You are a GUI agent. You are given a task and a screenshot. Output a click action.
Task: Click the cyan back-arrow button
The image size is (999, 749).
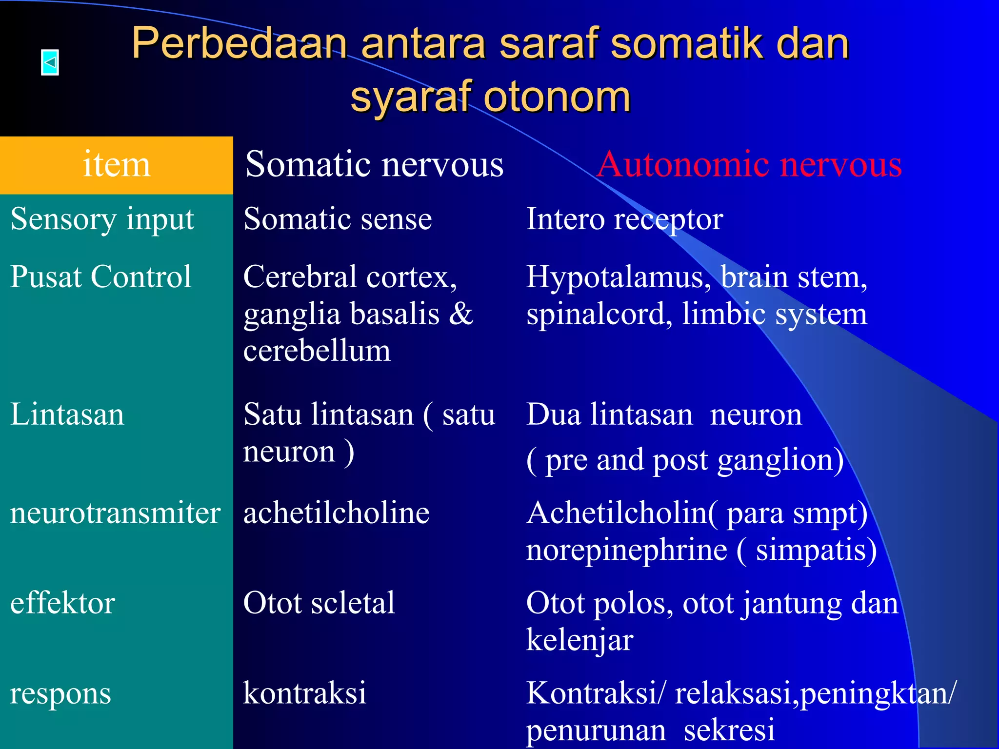[50, 62]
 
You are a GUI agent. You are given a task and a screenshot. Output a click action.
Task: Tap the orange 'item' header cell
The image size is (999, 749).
[116, 164]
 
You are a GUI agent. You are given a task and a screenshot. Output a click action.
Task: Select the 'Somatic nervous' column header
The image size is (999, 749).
[374, 164]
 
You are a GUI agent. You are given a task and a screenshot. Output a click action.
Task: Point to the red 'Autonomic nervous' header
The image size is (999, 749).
[749, 164]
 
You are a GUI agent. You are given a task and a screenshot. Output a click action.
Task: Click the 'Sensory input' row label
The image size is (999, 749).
[102, 219]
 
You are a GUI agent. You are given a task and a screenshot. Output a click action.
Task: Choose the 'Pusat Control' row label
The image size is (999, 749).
[100, 277]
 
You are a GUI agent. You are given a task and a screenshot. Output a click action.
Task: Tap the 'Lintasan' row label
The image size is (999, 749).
[67, 414]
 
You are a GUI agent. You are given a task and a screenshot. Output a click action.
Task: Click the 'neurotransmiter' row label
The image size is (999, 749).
[115, 513]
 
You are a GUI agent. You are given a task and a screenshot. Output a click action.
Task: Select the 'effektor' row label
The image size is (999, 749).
[62, 603]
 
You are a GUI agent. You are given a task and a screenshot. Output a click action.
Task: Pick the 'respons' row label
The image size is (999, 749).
[60, 693]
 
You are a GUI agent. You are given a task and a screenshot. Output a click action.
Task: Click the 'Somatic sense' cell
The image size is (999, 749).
[338, 219]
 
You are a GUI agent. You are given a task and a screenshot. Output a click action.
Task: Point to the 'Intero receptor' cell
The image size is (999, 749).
[624, 219]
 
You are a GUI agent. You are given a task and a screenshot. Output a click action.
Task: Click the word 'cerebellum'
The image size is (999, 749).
[317, 351]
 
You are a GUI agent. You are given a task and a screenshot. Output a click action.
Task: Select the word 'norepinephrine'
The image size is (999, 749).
[626, 550]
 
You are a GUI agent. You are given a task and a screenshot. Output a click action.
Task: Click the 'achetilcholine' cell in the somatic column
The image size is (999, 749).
[336, 513]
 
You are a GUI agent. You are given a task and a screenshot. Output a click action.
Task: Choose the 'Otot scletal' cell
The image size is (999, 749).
[319, 603]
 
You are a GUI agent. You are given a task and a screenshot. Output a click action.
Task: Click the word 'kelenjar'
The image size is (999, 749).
[579, 640]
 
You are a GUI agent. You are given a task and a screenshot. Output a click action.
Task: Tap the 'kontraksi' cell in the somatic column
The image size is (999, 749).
[304, 693]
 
